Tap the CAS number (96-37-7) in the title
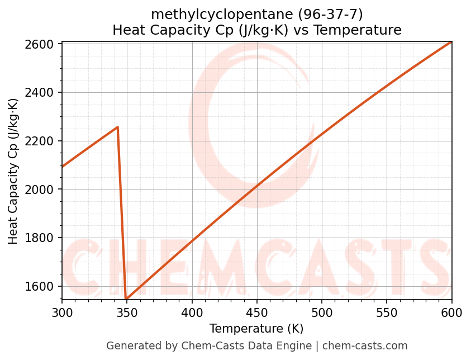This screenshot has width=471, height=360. [x=330, y=15]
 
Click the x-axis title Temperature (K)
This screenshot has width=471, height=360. [x=256, y=329]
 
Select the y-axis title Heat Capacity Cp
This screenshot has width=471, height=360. [x=13, y=171]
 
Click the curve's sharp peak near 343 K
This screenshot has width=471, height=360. [x=117, y=127]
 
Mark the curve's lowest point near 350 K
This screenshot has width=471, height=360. [x=126, y=299]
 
